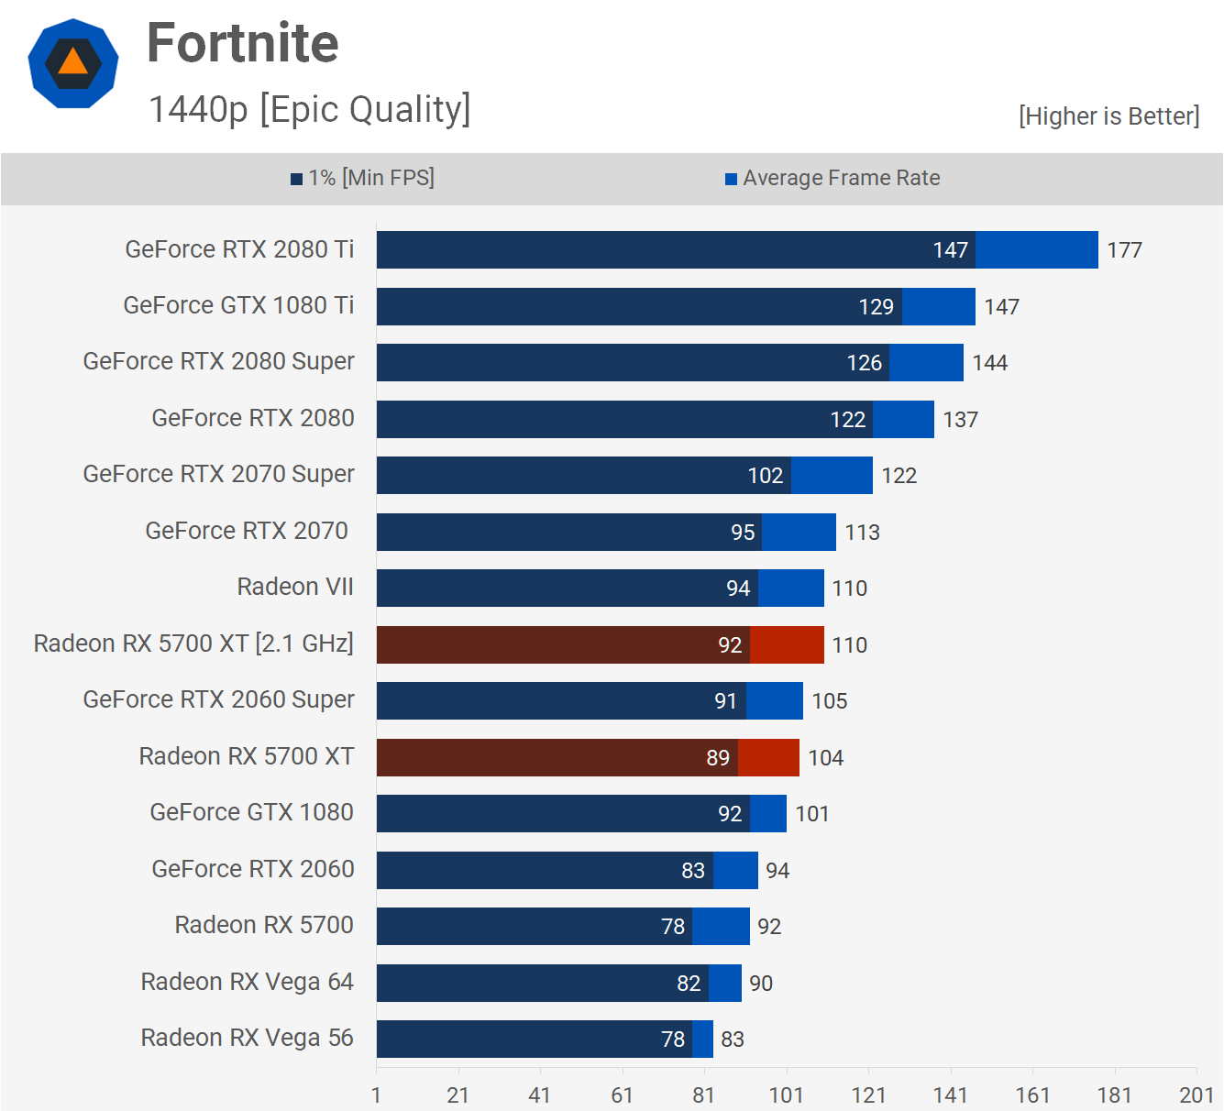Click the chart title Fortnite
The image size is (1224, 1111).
(x=243, y=43)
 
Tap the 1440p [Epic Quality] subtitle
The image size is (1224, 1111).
(x=309, y=109)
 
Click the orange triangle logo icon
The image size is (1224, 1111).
(x=73, y=62)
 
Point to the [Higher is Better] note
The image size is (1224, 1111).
(x=1108, y=116)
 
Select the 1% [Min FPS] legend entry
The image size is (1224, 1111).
(x=363, y=178)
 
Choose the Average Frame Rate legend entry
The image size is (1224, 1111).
(x=833, y=178)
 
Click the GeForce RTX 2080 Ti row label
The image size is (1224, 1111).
(x=239, y=249)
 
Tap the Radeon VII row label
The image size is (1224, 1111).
(x=295, y=587)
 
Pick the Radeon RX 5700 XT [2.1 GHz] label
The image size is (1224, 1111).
(x=193, y=643)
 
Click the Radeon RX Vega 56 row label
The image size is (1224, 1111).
(x=247, y=1038)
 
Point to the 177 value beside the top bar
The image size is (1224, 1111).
(x=1124, y=250)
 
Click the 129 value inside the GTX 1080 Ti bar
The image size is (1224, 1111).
(x=876, y=307)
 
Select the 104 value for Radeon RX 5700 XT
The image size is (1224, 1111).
(x=825, y=758)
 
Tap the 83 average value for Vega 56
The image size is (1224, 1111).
(x=733, y=1039)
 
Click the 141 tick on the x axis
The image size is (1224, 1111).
(x=950, y=1095)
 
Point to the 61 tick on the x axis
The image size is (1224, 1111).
(x=622, y=1095)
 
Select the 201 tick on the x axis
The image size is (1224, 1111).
(x=1196, y=1095)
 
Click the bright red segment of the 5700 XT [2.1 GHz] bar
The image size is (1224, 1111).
(x=787, y=644)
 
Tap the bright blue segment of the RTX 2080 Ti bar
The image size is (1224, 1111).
(x=1036, y=250)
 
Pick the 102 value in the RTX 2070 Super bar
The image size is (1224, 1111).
(x=766, y=476)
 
